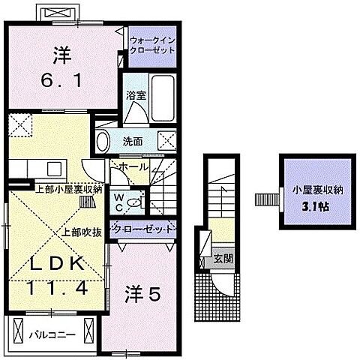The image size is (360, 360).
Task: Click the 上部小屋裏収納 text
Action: coord(70,190)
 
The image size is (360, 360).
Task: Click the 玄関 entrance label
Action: coord(223,259)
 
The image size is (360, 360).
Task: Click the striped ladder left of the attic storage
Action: coord(263,199)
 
